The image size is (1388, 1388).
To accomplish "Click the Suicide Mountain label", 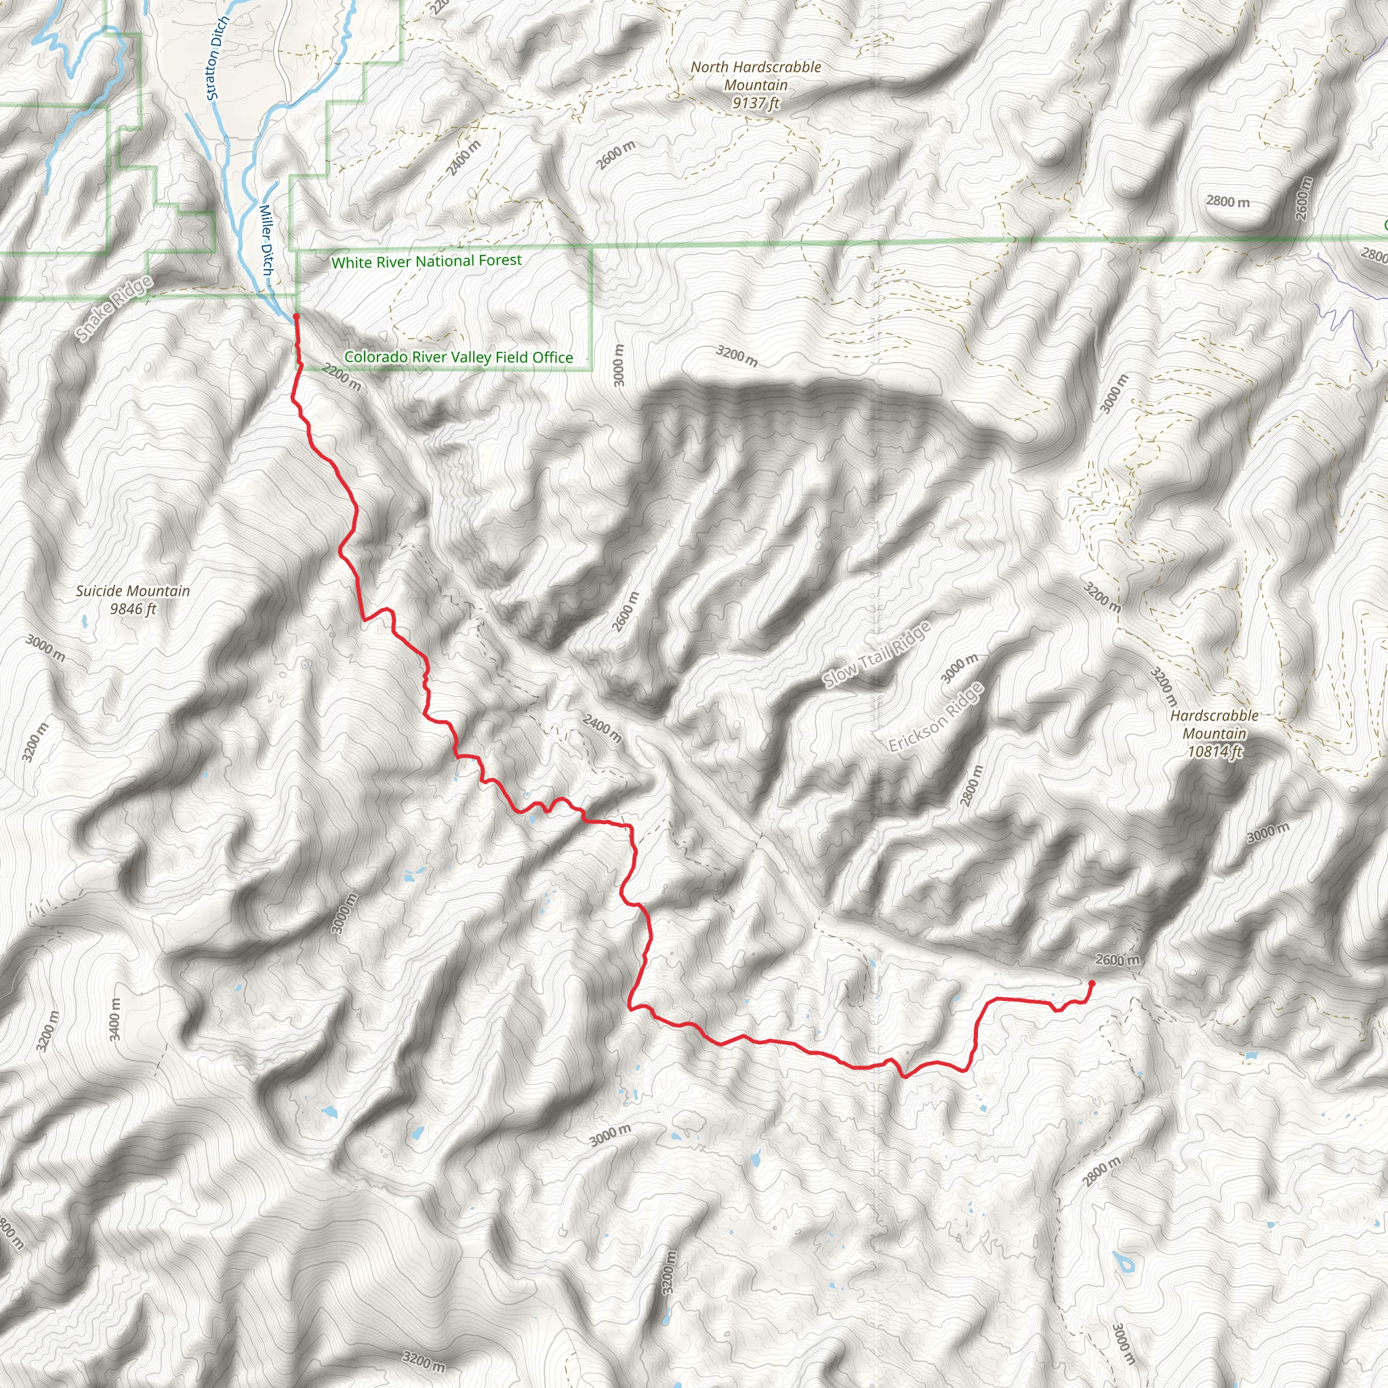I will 133,591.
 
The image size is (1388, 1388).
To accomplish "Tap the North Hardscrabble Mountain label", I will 756,75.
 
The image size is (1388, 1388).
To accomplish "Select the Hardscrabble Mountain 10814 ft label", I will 1214,733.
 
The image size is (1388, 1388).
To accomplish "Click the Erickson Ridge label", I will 935,718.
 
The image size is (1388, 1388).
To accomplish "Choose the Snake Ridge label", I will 115,308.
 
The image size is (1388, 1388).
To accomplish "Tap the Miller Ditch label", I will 266,240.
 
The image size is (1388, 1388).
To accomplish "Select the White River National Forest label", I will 427,261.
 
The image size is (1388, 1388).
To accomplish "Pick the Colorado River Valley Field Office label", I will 458,357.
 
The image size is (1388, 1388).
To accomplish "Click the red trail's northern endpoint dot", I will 296,316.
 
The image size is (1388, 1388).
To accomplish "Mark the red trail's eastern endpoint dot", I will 1092,983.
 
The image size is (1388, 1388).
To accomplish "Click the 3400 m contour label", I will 115,1019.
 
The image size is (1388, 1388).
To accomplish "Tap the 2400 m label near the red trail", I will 602,729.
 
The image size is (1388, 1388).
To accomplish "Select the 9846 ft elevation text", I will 133,609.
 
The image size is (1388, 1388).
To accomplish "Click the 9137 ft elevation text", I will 756,103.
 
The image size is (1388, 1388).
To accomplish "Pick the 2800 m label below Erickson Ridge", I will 970,786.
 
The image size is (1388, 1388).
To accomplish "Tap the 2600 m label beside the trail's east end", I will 1117,960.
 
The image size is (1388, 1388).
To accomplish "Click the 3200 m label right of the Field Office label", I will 737,355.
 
